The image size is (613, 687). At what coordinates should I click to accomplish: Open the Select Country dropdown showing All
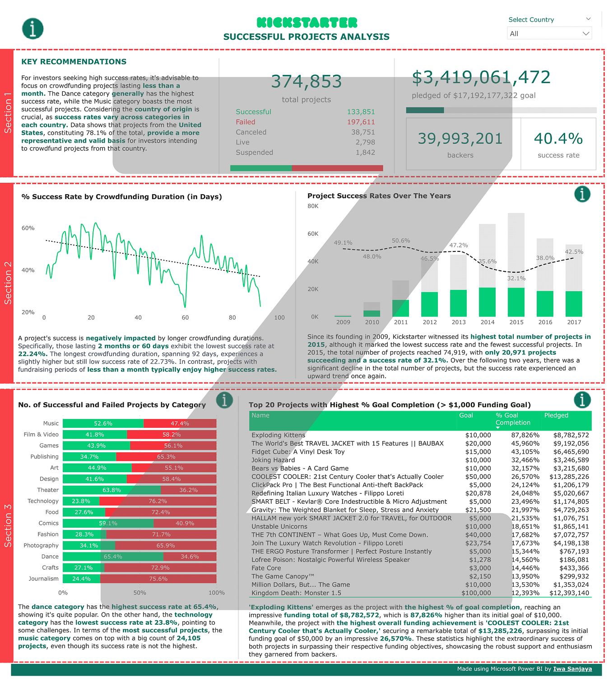pos(549,33)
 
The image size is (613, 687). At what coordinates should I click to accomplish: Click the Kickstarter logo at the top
pos(307,23)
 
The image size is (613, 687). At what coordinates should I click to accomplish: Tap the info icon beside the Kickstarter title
pos(33,28)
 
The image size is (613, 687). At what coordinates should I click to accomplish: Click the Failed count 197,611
pos(361,122)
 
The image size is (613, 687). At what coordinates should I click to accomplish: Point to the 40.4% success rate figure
pos(558,139)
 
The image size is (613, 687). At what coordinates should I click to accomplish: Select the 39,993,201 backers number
pos(460,139)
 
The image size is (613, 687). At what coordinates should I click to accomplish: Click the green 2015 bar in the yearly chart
pos(516,302)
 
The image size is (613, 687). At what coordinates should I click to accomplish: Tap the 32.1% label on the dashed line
pos(516,279)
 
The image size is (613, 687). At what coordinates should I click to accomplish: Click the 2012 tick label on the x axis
pos(430,322)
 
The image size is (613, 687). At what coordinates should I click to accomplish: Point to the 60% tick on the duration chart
pos(28,228)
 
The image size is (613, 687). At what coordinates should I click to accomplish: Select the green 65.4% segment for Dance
pos(113,557)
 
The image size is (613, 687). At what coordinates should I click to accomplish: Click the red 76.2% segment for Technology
pos(158,501)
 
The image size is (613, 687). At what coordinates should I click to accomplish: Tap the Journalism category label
pos(43,579)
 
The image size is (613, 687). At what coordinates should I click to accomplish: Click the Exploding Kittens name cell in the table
pos(278,435)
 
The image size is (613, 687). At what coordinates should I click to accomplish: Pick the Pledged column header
pos(556,415)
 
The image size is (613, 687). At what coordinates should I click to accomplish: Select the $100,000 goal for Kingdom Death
pos(476,593)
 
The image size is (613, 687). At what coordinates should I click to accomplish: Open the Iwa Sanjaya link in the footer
pos(572,669)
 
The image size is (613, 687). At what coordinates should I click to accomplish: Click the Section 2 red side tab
pos(7,283)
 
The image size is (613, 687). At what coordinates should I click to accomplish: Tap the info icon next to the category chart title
pos(224,400)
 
